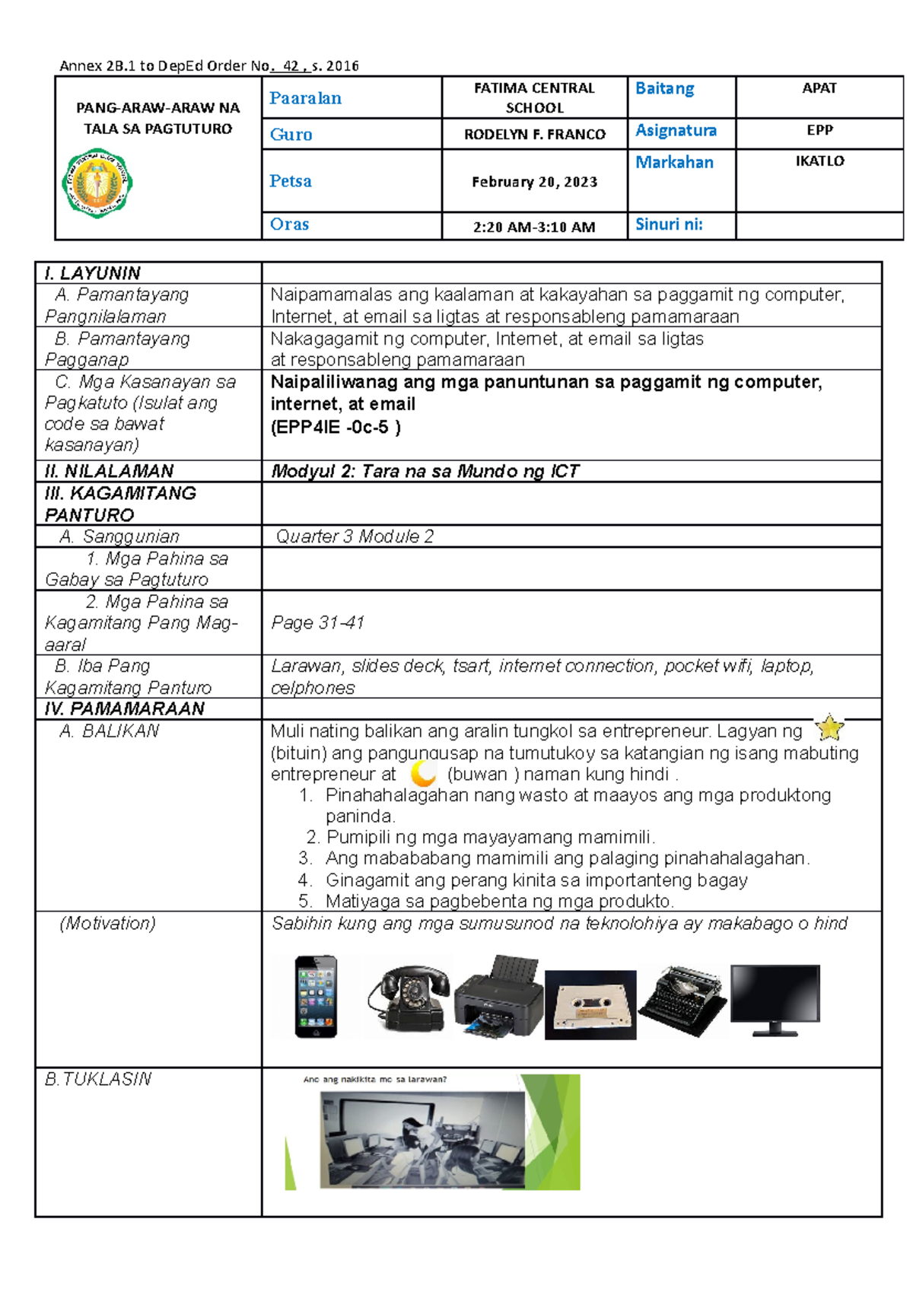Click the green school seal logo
click(x=97, y=183)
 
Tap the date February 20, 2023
click(x=534, y=182)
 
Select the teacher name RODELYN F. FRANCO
click(x=534, y=135)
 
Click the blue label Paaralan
click(x=305, y=98)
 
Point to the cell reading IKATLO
click(x=819, y=161)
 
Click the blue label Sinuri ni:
click(x=669, y=224)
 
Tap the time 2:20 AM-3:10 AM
click(x=534, y=227)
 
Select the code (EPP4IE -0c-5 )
click(x=336, y=427)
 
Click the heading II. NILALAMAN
click(x=109, y=471)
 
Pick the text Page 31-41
click(x=317, y=622)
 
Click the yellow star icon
click(x=829, y=728)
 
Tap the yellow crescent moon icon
click(x=423, y=774)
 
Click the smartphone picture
click(x=316, y=996)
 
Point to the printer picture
click(x=498, y=997)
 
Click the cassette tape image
click(x=590, y=1004)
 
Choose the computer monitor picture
click(x=775, y=999)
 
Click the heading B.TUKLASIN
click(x=98, y=1079)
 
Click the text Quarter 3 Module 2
click(x=355, y=536)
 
